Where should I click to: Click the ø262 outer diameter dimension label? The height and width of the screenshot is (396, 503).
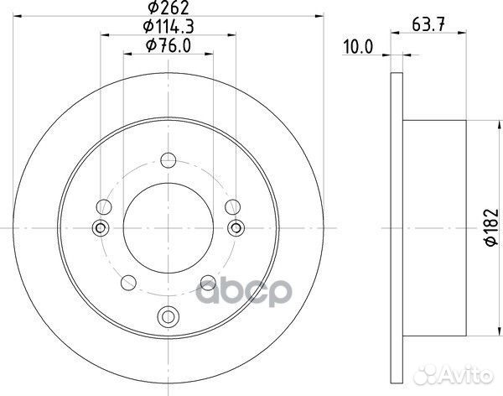tap(169, 10)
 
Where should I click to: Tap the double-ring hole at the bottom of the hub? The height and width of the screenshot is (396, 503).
tap(169, 316)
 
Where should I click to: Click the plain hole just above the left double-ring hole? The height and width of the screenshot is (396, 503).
tap(104, 204)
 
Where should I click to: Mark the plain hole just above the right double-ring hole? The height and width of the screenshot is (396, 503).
tap(233, 204)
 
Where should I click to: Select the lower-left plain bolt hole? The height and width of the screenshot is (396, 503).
tap(128, 283)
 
